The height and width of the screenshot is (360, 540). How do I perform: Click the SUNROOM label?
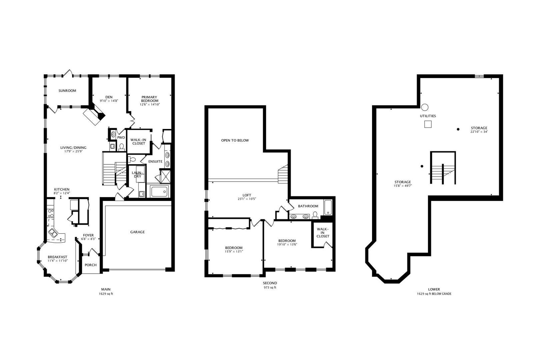(67, 91)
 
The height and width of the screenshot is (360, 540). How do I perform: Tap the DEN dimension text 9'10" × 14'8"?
(109, 101)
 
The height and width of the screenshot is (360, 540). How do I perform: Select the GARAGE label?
(137, 232)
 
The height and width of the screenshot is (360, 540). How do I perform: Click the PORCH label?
(91, 265)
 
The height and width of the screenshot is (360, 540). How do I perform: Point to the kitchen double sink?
(53, 233)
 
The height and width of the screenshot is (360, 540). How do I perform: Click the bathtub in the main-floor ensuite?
(159, 192)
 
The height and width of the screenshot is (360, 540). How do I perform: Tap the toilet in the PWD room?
(121, 147)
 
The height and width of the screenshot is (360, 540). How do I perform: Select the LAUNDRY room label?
(137, 175)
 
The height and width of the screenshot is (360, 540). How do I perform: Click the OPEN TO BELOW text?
(235, 140)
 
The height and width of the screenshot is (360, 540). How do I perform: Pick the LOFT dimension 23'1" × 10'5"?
(247, 199)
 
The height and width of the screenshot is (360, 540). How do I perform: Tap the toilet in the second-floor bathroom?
(315, 215)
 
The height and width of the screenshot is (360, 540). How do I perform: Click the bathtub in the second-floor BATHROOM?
(328, 207)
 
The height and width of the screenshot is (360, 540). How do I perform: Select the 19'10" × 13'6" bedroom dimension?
(287, 244)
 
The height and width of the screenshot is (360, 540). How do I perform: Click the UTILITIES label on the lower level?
(428, 116)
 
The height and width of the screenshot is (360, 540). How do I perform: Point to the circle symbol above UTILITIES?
(425, 107)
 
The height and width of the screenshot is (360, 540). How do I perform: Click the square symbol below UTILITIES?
(428, 124)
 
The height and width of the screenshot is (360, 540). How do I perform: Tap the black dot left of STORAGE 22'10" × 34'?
(458, 129)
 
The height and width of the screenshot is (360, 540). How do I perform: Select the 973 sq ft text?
(270, 288)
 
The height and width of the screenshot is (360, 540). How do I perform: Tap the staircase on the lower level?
(443, 174)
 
